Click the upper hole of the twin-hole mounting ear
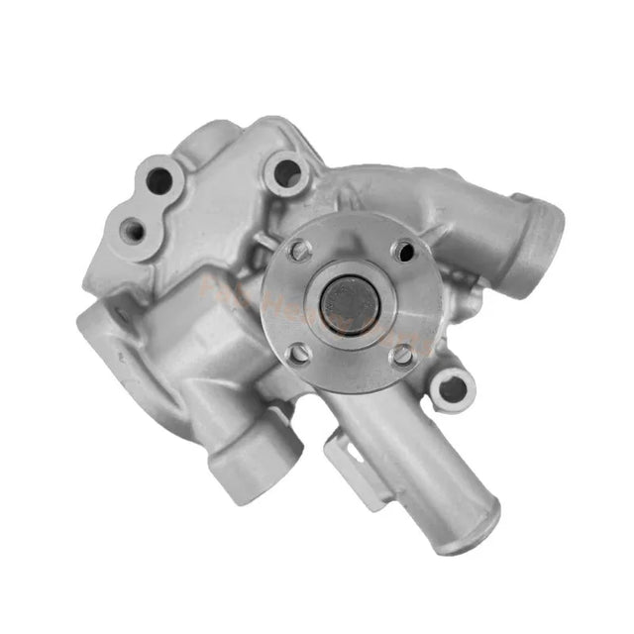coord(158,180)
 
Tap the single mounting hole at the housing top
coord(286,173)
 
